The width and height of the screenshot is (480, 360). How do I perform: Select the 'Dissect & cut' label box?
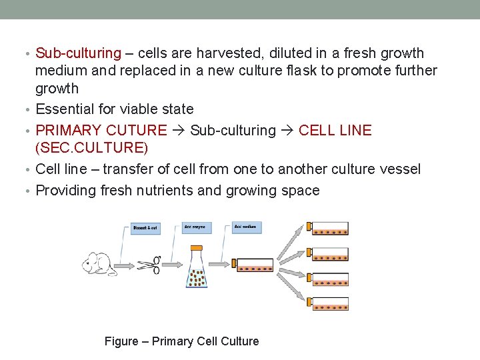coord(145,228)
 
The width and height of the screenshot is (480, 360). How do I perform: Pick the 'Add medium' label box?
coord(247,227)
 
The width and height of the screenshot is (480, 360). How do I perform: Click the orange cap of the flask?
coord(197,248)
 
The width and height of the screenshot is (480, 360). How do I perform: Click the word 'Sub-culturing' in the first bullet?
coord(79,53)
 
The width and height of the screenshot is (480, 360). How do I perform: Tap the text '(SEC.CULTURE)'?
coord(92,148)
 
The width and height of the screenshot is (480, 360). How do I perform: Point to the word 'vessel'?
coord(399,169)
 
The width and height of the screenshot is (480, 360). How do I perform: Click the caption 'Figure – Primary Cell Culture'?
coord(181,341)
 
